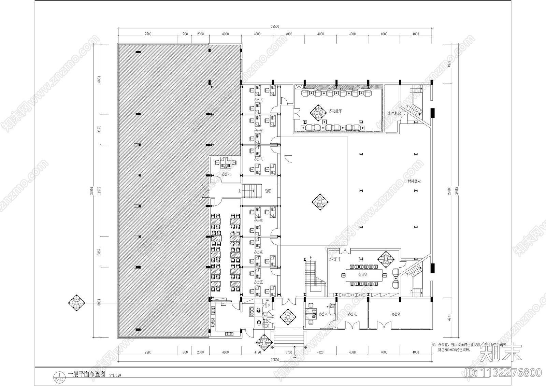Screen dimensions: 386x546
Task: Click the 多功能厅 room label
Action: click(335, 111)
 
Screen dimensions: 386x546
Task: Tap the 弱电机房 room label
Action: click(394, 113)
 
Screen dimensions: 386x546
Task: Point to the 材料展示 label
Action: click(414, 181)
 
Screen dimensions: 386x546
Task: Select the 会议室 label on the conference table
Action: click(362, 274)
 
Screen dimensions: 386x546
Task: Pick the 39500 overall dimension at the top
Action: click(275, 27)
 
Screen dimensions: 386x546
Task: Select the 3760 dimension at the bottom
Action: click(289, 352)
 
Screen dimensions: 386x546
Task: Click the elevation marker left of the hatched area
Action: click(76, 303)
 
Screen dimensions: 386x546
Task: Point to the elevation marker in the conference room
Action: click(386, 259)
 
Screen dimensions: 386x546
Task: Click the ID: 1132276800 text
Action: click(503, 372)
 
